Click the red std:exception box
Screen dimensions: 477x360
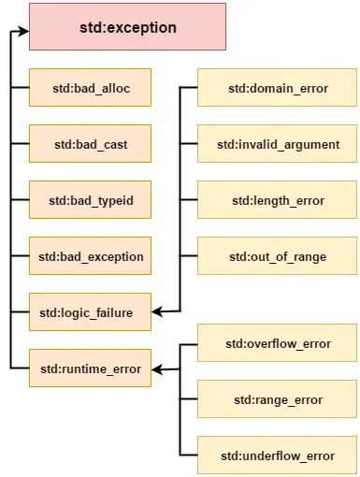(127, 26)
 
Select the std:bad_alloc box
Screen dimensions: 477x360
(90, 88)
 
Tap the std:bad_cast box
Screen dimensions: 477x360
(90, 144)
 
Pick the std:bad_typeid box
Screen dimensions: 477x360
(90, 200)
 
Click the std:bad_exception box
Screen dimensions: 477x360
(90, 256)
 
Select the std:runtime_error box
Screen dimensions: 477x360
(90, 369)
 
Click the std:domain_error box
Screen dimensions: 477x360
(278, 88)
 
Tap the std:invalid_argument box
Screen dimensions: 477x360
(278, 144)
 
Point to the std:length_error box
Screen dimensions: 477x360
(278, 200)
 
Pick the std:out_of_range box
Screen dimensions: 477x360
(278, 256)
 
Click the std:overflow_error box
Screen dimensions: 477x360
(278, 343)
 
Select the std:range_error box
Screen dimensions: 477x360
(278, 399)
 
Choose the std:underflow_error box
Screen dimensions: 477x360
(278, 455)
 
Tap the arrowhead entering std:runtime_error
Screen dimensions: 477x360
(157, 369)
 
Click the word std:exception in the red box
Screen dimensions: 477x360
(127, 27)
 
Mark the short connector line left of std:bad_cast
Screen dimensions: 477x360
(19, 144)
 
